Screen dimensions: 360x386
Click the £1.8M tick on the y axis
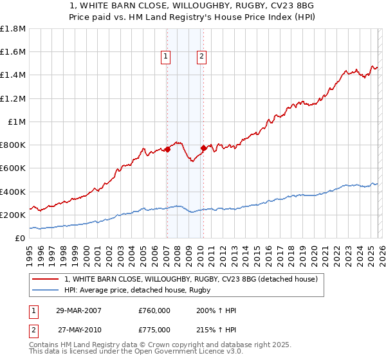(14, 29)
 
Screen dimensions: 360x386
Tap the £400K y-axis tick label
(14, 192)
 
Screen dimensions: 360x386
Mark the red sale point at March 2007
(167, 149)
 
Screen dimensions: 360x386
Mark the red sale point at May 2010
(203, 148)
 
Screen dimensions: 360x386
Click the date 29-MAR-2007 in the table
(78, 310)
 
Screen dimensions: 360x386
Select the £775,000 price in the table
(154, 329)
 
